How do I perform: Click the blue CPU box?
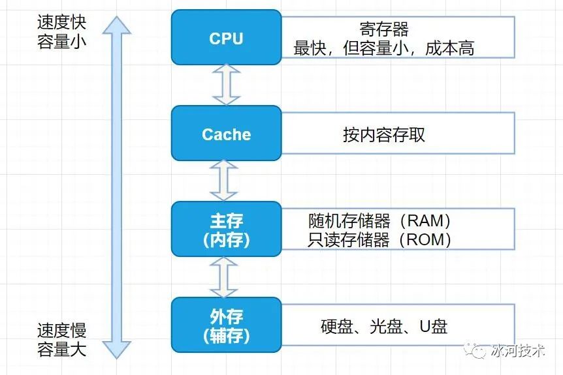point(226,38)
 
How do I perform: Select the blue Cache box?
point(226,134)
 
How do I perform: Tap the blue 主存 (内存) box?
point(226,229)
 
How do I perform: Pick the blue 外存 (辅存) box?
point(226,325)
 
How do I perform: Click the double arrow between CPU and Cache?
point(227,85)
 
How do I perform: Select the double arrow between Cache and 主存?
point(227,181)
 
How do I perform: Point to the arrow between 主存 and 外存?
point(227,277)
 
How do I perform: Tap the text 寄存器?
point(383,29)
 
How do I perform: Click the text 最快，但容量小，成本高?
point(383,48)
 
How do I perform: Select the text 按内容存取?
point(383,134)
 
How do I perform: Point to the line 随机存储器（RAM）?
point(379,220)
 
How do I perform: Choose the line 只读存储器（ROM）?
point(379,239)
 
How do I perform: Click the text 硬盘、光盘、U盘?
point(383,326)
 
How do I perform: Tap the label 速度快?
point(61,23)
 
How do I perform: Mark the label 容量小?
point(61,43)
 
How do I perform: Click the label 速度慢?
point(61,329)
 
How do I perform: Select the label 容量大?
point(61,349)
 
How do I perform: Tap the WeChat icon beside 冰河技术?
point(476,351)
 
